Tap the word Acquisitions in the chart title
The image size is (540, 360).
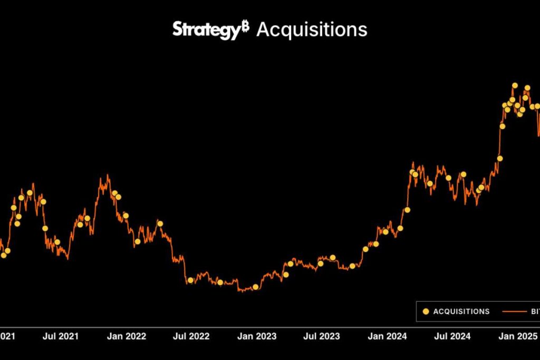[312, 30]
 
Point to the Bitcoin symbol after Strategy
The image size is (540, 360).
[245, 26]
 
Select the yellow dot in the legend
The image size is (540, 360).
[426, 312]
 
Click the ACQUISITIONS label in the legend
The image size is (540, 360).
[461, 312]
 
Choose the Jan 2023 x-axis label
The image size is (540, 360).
[257, 336]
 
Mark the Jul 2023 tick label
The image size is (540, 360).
[321, 336]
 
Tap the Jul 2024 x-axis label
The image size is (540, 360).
[452, 336]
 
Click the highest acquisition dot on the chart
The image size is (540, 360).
[515, 85]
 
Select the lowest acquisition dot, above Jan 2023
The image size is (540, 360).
[256, 287]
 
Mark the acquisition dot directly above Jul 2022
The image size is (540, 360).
[190, 280]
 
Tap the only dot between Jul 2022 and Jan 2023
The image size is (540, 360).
[220, 282]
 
